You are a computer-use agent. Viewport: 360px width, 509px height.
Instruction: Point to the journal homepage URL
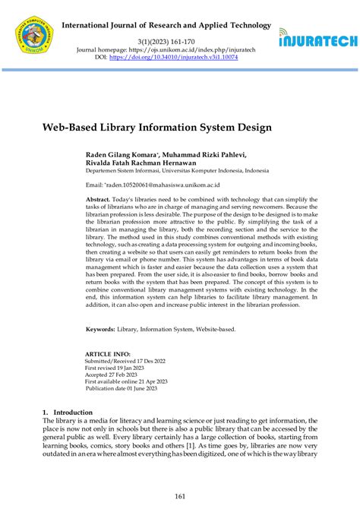coord(188,49)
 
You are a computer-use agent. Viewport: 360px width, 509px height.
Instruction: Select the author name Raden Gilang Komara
coord(122,154)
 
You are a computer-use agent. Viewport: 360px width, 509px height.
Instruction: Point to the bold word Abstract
coord(98,198)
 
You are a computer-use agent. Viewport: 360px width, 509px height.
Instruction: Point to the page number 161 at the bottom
coord(180,497)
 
